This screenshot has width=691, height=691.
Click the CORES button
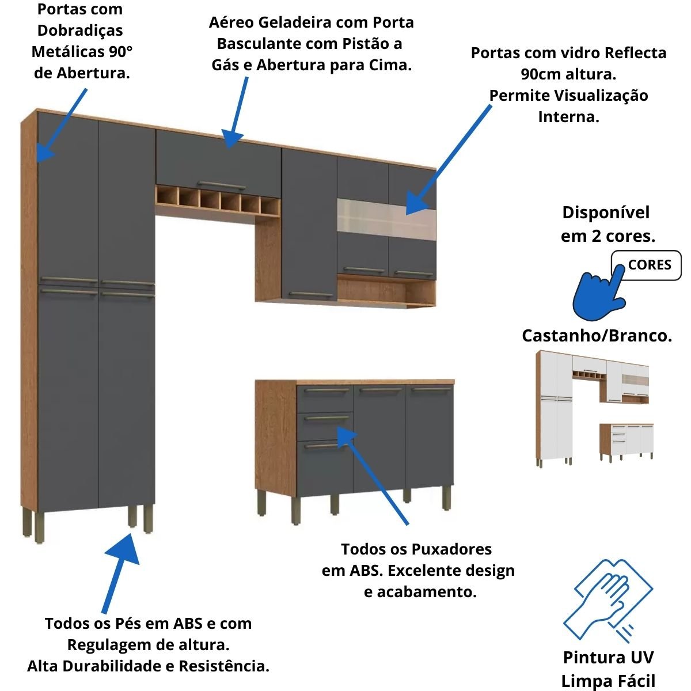click(x=649, y=265)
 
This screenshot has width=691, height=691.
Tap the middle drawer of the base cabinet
click(x=325, y=427)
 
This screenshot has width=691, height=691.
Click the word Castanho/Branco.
click(x=597, y=336)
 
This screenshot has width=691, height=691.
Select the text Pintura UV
click(x=608, y=658)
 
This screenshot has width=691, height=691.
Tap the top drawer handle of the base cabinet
click(x=324, y=392)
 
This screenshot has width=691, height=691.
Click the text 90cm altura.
click(x=568, y=74)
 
